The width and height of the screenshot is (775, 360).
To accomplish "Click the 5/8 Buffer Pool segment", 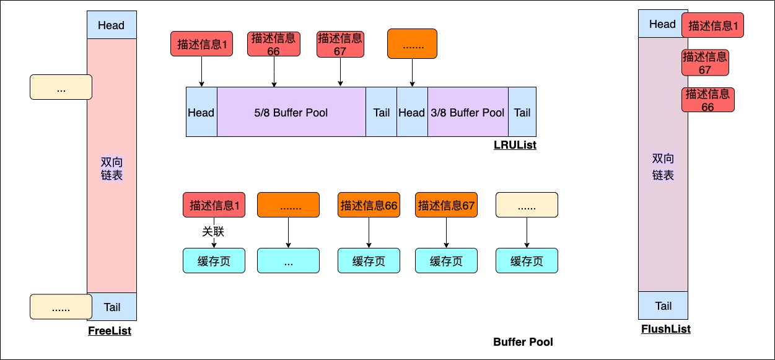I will [291, 112].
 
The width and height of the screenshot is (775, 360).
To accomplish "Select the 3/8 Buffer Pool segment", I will [468, 112].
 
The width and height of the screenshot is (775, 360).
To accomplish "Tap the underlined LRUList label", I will [514, 145].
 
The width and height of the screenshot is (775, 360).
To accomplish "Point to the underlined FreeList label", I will [110, 331].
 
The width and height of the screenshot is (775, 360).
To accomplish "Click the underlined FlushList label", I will [665, 329].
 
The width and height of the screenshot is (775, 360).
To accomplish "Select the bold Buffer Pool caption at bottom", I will [523, 342].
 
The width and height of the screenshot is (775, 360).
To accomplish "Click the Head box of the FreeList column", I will [112, 25].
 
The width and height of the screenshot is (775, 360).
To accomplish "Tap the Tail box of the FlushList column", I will [663, 306].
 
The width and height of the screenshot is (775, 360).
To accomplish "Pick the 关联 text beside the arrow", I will [213, 232].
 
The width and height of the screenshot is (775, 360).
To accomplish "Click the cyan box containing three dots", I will [288, 261].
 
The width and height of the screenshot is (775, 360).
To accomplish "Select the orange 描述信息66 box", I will [369, 205].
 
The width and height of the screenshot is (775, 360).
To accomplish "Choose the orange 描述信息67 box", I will [446, 205].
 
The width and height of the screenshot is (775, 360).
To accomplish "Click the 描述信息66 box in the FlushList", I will [707, 100].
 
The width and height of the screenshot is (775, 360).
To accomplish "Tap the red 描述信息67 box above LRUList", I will [339, 44].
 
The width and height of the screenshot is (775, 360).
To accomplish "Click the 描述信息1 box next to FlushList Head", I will [712, 26].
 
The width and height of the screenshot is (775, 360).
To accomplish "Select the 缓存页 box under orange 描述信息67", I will [446, 261].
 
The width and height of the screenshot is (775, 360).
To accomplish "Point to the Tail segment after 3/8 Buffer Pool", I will [522, 112].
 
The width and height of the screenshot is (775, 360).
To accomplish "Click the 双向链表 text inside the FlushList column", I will [663, 167].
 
